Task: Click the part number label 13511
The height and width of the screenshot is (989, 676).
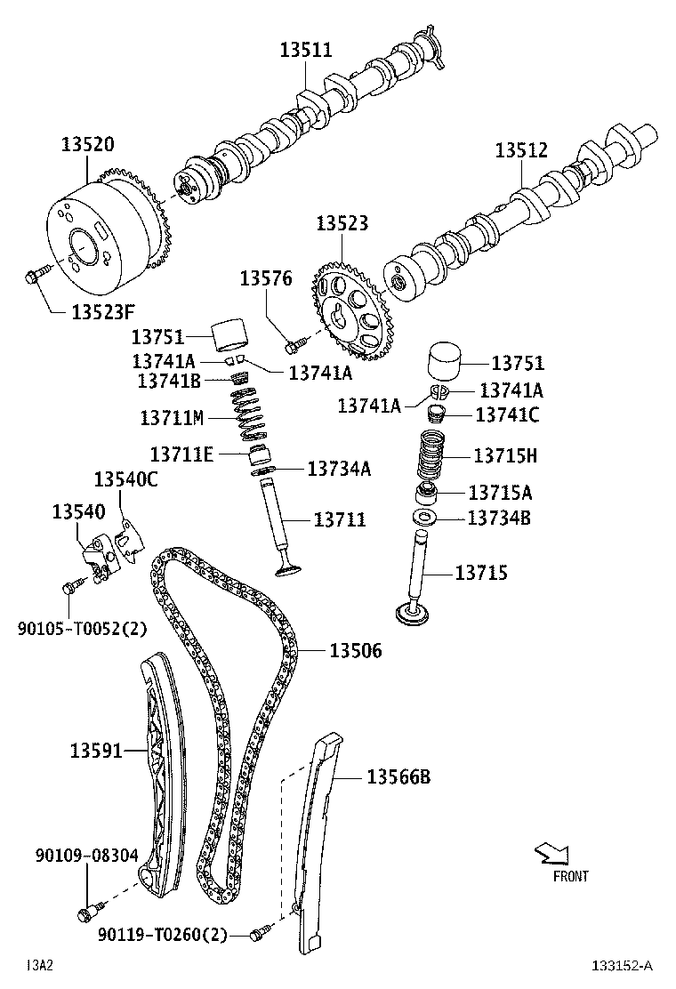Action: [x=306, y=51]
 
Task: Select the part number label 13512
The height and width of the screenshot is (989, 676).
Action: [x=521, y=150]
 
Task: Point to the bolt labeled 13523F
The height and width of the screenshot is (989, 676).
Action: [x=33, y=277]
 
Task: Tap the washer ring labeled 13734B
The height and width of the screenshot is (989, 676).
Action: [x=425, y=519]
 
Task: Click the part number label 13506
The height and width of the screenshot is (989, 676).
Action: [x=356, y=652]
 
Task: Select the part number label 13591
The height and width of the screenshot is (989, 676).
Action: [x=95, y=752]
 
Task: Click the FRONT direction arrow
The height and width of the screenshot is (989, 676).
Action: [x=551, y=855]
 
